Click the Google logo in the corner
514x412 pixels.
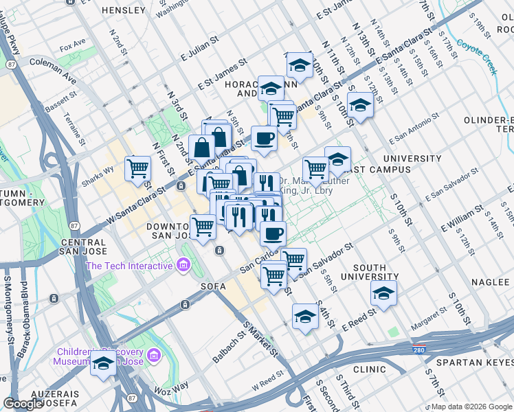click(24, 404)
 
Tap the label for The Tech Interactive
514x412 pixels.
click(128, 266)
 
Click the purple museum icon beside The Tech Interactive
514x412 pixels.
click(183, 264)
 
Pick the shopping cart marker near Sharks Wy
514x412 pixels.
click(137, 168)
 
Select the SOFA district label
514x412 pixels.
click(212, 284)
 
